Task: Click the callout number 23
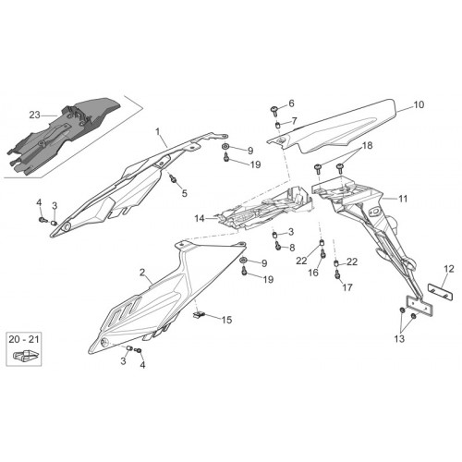(x=34, y=115)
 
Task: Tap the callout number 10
(x=419, y=104)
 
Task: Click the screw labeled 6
(x=274, y=110)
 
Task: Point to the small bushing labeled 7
(x=277, y=126)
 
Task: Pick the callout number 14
(x=200, y=219)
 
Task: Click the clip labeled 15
(x=199, y=315)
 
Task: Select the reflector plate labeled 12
(x=441, y=292)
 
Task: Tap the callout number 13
(x=399, y=339)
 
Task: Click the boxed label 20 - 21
(x=24, y=339)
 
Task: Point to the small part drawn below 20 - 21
(x=26, y=355)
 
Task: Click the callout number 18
(x=367, y=145)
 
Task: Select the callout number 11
(x=403, y=199)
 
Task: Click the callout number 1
(x=158, y=132)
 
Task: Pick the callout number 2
(x=142, y=273)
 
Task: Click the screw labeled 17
(x=337, y=274)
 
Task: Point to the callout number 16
(x=313, y=273)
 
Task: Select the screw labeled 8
(x=278, y=246)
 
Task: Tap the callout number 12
(x=449, y=269)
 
